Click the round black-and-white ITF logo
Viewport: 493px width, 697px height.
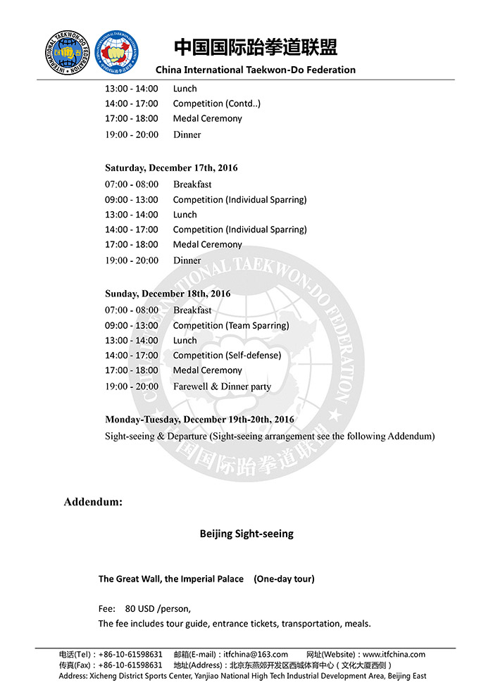pyautogui.click(x=68, y=52)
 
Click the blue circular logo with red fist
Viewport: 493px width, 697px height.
pyautogui.click(x=116, y=52)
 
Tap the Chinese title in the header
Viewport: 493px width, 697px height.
pyautogui.click(x=256, y=47)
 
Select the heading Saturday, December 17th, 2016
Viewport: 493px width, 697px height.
pyautogui.click(x=171, y=168)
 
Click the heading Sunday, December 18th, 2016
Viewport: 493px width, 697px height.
pyautogui.click(x=168, y=294)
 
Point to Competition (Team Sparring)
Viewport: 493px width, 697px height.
pyautogui.click(x=231, y=325)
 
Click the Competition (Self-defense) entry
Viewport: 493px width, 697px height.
pyautogui.click(x=227, y=356)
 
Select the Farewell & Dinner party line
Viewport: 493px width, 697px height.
pyautogui.click(x=222, y=387)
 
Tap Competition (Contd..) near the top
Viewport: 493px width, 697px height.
pyautogui.click(x=217, y=103)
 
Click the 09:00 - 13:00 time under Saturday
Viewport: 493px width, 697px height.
pyautogui.click(x=132, y=200)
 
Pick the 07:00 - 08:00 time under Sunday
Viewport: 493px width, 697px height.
pyautogui.click(x=132, y=310)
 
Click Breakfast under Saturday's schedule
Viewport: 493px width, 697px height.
pyautogui.click(x=192, y=184)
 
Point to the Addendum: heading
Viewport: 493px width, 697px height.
pyautogui.click(x=93, y=502)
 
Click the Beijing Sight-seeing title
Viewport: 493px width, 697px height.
pyautogui.click(x=246, y=534)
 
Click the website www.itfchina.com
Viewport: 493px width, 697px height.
pyautogui.click(x=394, y=654)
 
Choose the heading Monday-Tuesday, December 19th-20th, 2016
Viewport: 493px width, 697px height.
pyautogui.click(x=199, y=420)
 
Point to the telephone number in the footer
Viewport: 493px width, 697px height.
pyautogui.click(x=130, y=654)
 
